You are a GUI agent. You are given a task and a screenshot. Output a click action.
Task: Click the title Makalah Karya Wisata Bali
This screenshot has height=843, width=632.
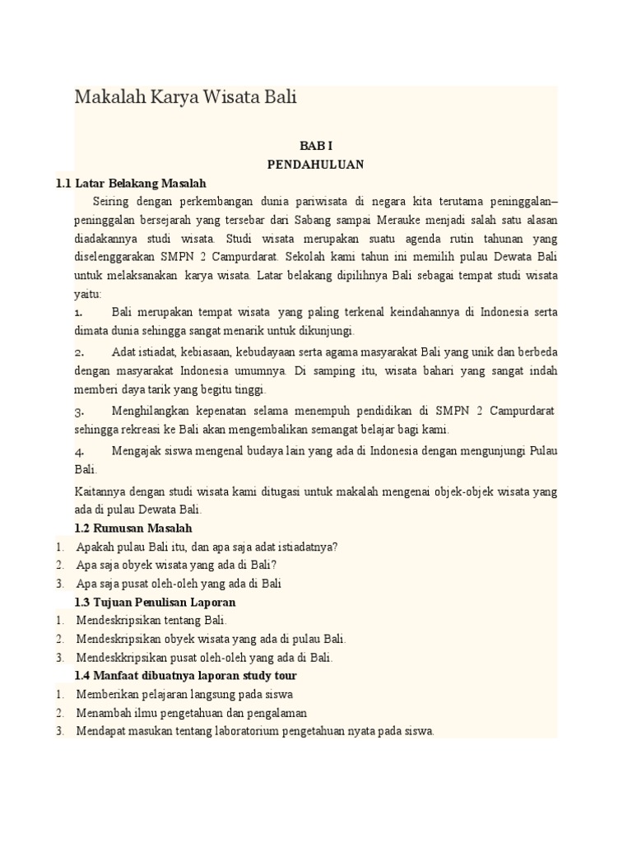(185, 97)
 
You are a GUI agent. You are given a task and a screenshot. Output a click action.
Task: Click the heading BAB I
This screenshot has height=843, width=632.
(315, 146)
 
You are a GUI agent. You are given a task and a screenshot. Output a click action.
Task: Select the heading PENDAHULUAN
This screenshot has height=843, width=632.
(315, 164)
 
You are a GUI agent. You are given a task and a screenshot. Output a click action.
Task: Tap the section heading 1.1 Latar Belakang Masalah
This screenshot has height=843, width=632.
(131, 183)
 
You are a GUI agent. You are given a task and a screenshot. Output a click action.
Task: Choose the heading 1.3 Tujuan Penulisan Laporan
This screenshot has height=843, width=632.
(155, 603)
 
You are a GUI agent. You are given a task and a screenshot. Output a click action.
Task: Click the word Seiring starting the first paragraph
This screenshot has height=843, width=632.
(111, 201)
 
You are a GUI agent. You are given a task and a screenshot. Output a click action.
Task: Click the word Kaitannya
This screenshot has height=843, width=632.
(100, 491)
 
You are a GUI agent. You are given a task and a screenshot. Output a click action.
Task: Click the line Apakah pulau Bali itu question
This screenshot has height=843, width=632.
(207, 547)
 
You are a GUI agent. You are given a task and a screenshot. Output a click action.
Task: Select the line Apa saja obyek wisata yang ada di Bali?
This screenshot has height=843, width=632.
(177, 565)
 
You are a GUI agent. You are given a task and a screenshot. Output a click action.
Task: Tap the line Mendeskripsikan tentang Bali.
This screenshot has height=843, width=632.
(151, 621)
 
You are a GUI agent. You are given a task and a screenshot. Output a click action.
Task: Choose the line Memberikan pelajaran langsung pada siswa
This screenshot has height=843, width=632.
(184, 694)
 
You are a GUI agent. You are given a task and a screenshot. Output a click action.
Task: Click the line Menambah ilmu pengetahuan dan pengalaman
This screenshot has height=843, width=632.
(191, 713)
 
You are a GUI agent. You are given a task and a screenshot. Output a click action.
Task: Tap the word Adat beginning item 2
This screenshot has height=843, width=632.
(123, 352)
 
